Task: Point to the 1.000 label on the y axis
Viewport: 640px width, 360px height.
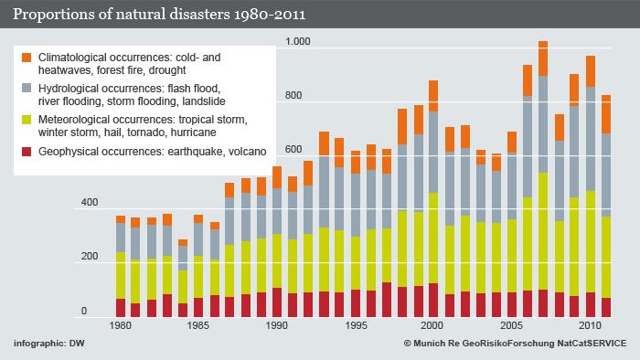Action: pos(299,42)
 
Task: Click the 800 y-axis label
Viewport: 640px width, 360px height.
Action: pos(293,96)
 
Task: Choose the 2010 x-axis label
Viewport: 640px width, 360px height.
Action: pos(591,325)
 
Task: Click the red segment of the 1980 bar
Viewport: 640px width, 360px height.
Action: pos(121,308)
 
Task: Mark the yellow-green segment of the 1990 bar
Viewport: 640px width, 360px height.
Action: pos(277,259)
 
